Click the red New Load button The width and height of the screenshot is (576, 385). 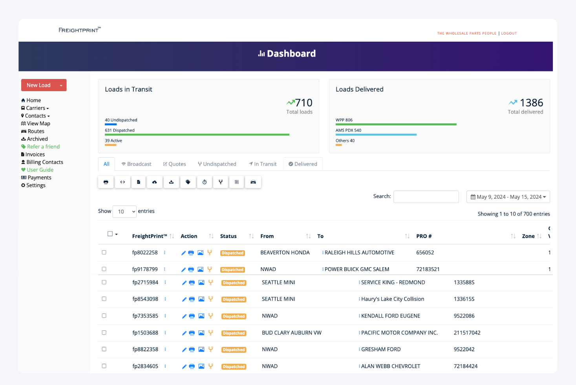coord(39,85)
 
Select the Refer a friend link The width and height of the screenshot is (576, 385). coord(43,147)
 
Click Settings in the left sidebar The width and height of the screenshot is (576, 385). coord(35,185)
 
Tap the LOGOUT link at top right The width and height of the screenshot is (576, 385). coord(509,33)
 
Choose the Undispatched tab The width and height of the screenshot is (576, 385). coord(217,164)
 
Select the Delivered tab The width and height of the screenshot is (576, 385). coord(303,164)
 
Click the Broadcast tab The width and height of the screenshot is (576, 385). coord(136,164)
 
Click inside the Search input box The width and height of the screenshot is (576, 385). coord(426,197)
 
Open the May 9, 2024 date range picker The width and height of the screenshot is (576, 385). coord(508,197)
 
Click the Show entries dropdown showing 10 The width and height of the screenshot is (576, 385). coord(124,211)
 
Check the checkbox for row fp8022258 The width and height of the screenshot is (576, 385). coord(104,253)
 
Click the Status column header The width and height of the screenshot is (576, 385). coord(228,236)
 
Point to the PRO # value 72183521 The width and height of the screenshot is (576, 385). coord(428,269)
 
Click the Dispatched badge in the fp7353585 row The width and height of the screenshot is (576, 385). coord(234,316)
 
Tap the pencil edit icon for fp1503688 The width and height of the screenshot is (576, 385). coord(184,333)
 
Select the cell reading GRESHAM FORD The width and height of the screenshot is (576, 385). coord(380,349)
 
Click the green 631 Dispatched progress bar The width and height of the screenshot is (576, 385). coord(197,135)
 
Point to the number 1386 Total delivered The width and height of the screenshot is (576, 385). coord(531,103)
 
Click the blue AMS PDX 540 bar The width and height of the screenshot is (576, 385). coord(376,135)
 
